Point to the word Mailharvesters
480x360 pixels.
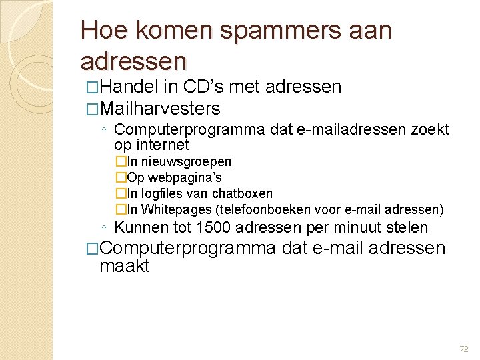tap(160, 108)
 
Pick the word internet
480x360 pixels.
tap(163, 145)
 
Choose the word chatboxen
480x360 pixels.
tap(242, 194)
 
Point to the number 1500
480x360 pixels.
tap(211, 228)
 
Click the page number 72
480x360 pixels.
tap(464, 349)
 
